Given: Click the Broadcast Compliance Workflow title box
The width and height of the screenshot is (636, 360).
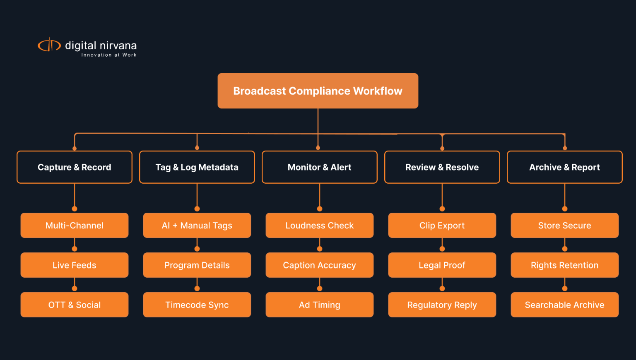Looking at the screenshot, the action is tap(318, 91).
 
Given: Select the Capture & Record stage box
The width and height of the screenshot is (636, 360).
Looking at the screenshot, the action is tap(75, 167).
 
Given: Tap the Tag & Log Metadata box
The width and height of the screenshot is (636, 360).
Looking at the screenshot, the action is tap(197, 167).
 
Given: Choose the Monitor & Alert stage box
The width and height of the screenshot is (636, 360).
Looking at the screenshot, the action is tap(319, 167).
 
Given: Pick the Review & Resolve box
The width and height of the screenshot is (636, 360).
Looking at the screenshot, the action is tap(442, 167).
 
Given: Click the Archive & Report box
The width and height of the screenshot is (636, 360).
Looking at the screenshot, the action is tap(565, 167).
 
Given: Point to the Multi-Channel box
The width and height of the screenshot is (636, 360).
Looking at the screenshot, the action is tap(75, 225).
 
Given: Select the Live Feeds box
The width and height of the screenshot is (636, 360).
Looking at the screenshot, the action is tap(75, 265).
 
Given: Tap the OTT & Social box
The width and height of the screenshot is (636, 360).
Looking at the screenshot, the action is tap(75, 305).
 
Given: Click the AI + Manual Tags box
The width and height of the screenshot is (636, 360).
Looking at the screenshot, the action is tap(197, 225).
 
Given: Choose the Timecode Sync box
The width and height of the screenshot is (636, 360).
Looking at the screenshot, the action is tap(197, 305).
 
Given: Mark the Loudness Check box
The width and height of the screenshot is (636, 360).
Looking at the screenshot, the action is tap(319, 225).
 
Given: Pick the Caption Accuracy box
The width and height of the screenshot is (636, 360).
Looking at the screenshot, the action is tap(319, 265).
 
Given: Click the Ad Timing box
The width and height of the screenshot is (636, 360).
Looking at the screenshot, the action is tap(319, 305).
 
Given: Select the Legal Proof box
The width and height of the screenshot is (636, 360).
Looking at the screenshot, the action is tap(442, 265).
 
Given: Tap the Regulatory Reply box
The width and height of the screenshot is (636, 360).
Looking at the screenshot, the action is tap(442, 305).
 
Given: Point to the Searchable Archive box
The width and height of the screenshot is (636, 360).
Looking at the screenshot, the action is tap(565, 305).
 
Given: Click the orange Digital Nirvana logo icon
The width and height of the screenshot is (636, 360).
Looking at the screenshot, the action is tap(49, 45).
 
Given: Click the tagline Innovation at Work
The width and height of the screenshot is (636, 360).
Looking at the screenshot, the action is tap(109, 55).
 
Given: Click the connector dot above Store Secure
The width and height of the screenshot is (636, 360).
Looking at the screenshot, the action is tap(565, 209).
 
